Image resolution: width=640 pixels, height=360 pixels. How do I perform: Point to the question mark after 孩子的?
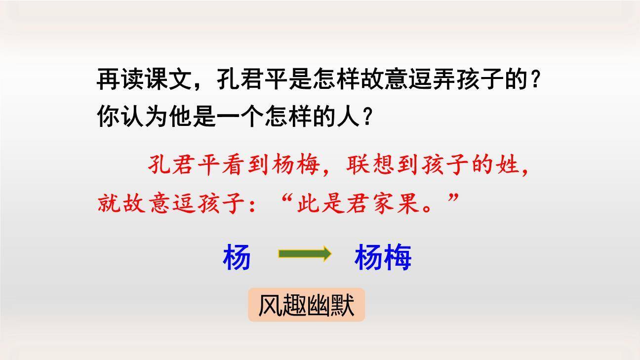tap(535, 80)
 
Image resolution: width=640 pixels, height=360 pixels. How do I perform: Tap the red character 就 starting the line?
tap(109, 203)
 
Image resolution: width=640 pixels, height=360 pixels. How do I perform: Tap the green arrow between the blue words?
tap(304, 254)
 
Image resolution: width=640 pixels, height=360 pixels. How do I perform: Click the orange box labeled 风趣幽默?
tap(306, 305)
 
